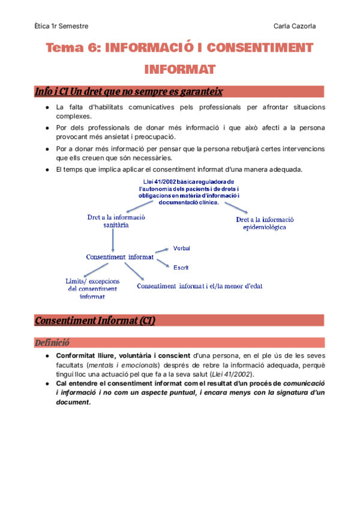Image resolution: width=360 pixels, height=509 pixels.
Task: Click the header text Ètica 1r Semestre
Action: (61, 26)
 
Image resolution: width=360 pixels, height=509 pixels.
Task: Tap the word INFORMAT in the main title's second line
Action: (180, 70)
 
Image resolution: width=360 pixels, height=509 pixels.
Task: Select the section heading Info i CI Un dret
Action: (129, 92)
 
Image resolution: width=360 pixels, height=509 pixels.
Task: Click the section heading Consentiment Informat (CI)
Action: (95, 321)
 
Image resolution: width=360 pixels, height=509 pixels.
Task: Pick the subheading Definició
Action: (52, 343)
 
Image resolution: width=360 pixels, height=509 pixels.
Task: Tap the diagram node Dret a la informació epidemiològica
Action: (265, 223)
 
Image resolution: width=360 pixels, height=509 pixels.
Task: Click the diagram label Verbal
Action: (182, 248)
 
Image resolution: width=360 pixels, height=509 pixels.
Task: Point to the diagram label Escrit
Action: (181, 267)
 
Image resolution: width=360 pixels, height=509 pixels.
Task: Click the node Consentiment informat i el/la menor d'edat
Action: (199, 286)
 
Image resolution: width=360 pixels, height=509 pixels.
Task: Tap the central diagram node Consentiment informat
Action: (120, 256)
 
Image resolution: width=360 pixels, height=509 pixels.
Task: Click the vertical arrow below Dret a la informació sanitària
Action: (113, 241)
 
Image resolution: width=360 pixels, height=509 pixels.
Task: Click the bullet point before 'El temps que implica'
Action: (47, 170)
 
